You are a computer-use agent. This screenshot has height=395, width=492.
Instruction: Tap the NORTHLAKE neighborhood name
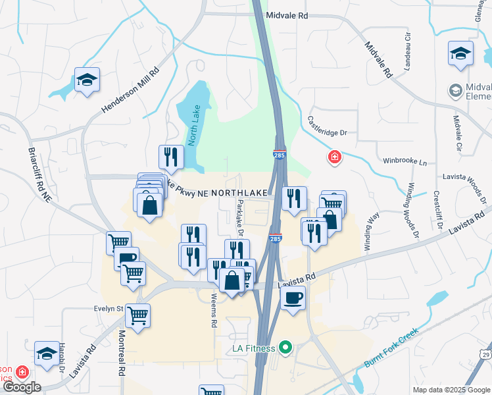[239, 192]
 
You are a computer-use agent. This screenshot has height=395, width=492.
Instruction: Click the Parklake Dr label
[240, 218]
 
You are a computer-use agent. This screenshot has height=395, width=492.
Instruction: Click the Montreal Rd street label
[121, 352]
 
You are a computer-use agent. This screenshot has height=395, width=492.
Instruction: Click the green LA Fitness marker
[285, 346]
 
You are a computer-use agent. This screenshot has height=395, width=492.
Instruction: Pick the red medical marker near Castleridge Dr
[334, 157]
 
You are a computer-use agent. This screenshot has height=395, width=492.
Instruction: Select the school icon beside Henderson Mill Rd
[87, 80]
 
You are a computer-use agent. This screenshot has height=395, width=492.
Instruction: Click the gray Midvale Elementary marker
[455, 89]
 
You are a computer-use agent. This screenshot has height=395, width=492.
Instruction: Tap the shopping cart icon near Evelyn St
[138, 317]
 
